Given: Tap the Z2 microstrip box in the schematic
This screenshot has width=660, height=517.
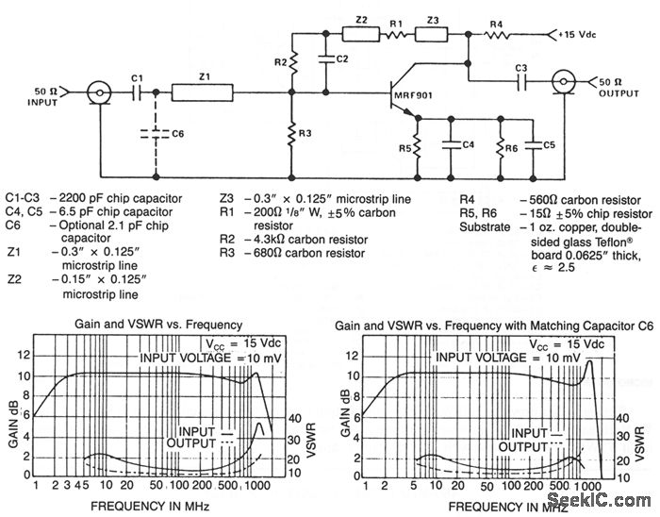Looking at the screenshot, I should [x=360, y=36].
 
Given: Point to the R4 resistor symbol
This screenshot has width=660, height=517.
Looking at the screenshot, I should [x=497, y=36].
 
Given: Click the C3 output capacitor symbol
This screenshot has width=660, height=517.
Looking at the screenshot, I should [x=521, y=81].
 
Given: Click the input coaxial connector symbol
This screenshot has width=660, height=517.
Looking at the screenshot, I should [x=96, y=92].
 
